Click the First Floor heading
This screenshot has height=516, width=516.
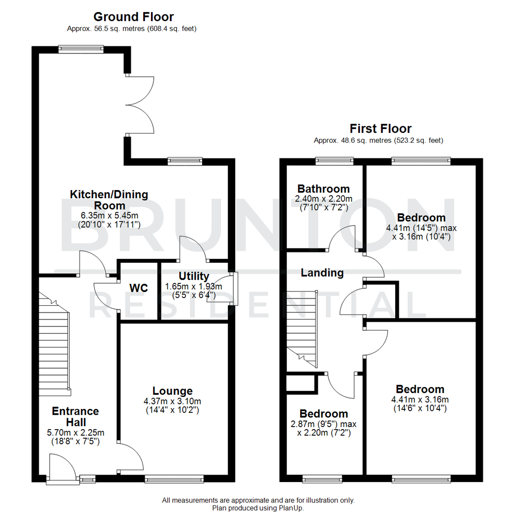(380, 129)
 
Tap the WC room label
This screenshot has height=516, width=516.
(139, 289)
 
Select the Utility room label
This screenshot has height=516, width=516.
(193, 276)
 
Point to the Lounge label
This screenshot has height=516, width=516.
(172, 391)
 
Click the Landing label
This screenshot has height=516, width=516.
(322, 273)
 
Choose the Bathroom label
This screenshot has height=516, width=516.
(323, 189)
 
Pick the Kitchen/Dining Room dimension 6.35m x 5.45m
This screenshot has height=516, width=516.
(109, 215)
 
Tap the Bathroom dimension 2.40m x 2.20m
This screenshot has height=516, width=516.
(323, 199)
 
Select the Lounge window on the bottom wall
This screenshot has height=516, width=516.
(174, 478)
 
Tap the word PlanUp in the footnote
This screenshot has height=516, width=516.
(291, 508)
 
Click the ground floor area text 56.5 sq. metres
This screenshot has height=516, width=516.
(110, 29)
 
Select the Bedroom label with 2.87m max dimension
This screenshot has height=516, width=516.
(323, 414)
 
